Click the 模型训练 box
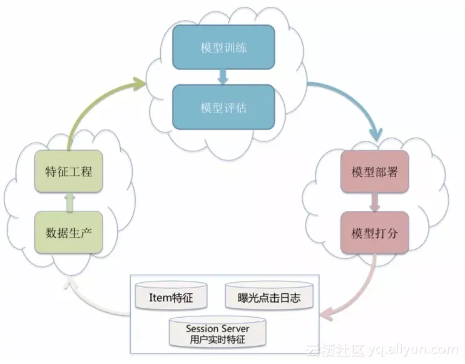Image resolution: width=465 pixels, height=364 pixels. click(223, 47)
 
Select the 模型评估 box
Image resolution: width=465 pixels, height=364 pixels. click(223, 107)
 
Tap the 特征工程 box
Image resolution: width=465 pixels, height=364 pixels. click(68, 171)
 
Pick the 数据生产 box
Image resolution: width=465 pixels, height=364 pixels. click(68, 233)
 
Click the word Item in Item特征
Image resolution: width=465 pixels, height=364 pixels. click(160, 298)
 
